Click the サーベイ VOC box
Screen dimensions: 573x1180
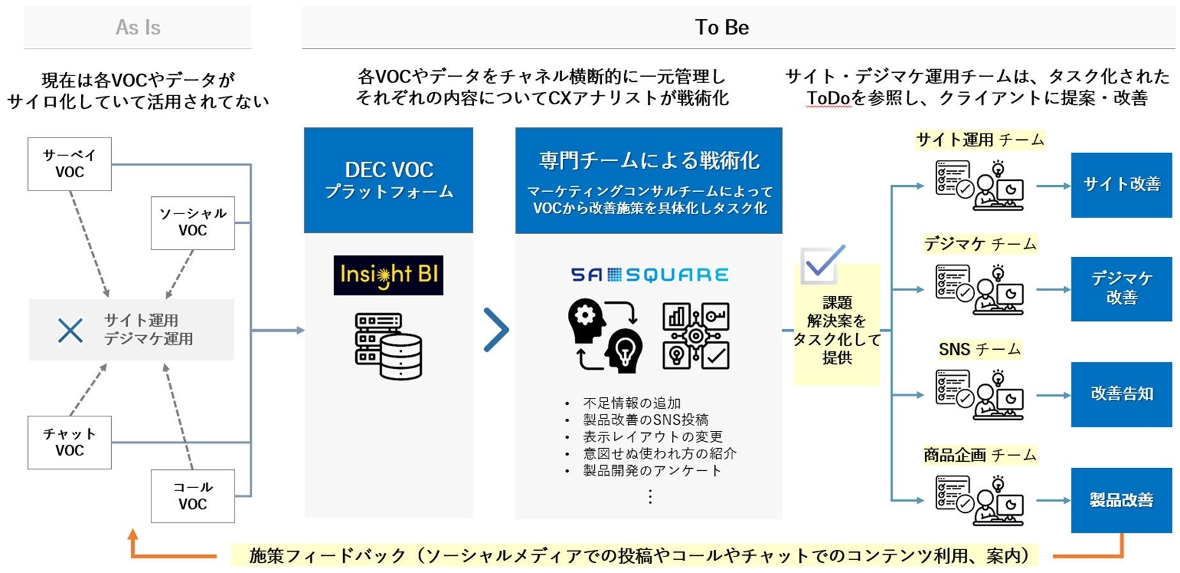point(70,164)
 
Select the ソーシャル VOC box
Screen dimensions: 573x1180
point(193,223)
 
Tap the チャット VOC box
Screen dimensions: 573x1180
point(70,442)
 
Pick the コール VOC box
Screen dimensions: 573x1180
point(193,496)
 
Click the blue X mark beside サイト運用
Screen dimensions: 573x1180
point(70,330)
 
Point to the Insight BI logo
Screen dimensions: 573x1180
point(388,275)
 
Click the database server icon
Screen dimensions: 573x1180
point(388,345)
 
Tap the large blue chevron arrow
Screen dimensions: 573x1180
point(496,330)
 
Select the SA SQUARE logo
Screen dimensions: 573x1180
point(649,275)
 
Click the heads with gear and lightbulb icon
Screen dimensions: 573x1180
point(604,336)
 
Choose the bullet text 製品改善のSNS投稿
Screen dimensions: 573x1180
point(645,420)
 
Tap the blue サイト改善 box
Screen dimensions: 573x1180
point(1121,185)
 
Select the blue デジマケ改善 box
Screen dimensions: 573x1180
point(1121,288)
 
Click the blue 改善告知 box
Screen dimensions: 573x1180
point(1121,394)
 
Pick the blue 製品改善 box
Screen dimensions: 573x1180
point(1121,499)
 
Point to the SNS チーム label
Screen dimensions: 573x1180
point(979,349)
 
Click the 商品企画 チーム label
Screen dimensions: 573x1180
point(979,455)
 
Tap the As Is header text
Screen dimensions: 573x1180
point(138,27)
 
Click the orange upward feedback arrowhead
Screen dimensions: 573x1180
point(133,536)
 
